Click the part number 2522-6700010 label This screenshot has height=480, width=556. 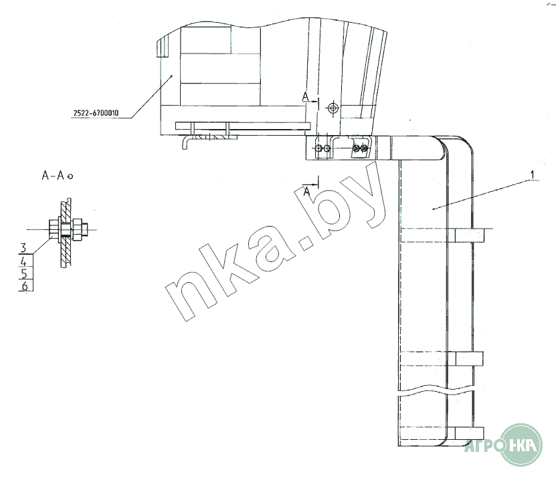coord(96,113)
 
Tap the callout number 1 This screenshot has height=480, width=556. coord(532,174)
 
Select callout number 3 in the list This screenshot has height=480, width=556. coord(23,247)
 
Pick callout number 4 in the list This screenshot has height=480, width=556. coord(24,262)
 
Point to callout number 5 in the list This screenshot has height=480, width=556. coord(24,274)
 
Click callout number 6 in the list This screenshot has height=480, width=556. coord(25,285)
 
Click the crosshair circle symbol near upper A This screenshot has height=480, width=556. coord(333,108)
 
